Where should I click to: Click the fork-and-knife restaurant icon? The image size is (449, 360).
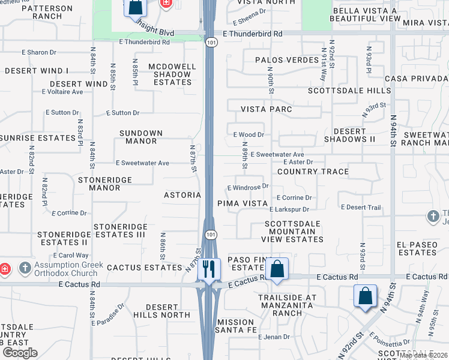[x=208, y=268]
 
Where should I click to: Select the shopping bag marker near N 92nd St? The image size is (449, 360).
[x=365, y=296]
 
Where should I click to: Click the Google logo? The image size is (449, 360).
[x=20, y=353]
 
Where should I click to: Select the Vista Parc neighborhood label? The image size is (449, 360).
[x=267, y=109]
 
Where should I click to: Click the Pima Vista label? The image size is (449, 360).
[x=243, y=203]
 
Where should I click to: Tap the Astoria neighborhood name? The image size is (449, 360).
[x=182, y=195]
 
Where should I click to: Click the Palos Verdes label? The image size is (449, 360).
[x=279, y=60]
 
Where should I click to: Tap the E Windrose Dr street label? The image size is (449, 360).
[x=247, y=187]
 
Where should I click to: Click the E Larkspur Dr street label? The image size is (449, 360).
[x=289, y=209]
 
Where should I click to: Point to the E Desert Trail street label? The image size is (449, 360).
[x=361, y=208]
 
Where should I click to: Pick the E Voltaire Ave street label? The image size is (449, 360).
[x=62, y=92]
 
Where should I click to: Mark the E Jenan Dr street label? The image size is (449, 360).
[x=274, y=337]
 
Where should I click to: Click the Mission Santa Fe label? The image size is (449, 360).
[x=236, y=326]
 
